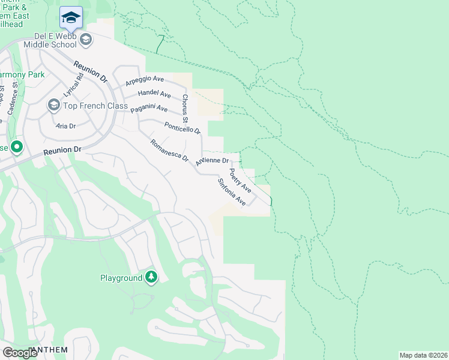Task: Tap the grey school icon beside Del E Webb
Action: pyautogui.click(x=86, y=40)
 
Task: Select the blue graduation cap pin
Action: pyautogui.click(x=71, y=18)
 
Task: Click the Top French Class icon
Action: pyautogui.click(x=53, y=106)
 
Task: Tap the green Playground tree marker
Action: pyautogui.click(x=152, y=277)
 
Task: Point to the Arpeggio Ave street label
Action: pyautogui.click(x=144, y=80)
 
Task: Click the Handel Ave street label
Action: pyautogui.click(x=154, y=94)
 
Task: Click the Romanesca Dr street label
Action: pyautogui.click(x=169, y=151)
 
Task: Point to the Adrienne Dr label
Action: pyautogui.click(x=212, y=161)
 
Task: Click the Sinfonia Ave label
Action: pyautogui.click(x=232, y=192)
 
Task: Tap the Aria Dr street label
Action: pyautogui.click(x=65, y=126)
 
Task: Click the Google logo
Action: pyautogui.click(x=20, y=352)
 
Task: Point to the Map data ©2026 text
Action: pyautogui.click(x=423, y=355)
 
